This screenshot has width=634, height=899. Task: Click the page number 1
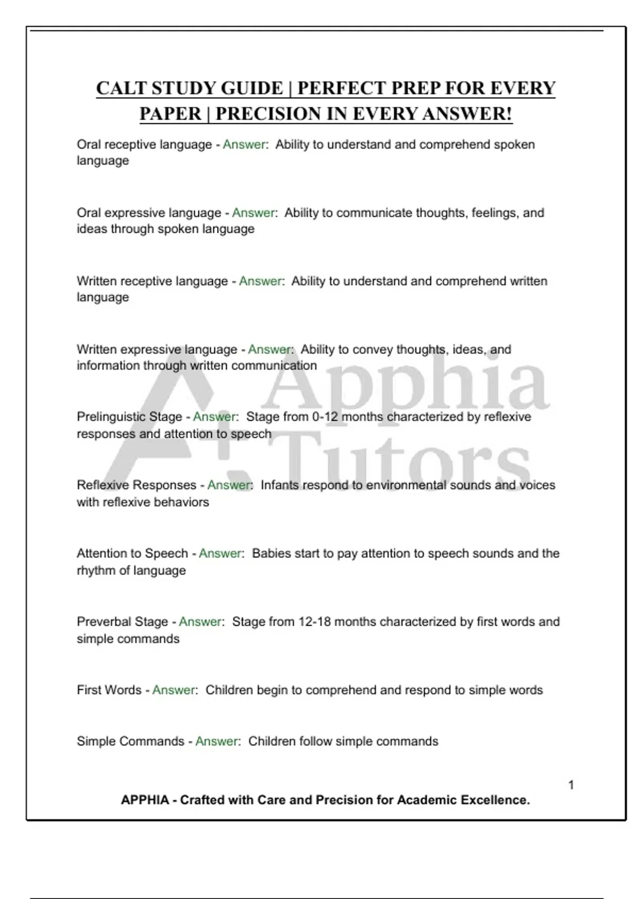(x=571, y=785)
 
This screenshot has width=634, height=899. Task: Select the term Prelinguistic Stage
(x=129, y=417)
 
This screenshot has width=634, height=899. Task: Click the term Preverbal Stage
(x=123, y=621)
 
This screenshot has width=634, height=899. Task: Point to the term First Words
(x=109, y=690)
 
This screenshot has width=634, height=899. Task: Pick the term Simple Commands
(x=130, y=741)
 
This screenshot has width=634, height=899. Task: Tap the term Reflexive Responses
(x=136, y=485)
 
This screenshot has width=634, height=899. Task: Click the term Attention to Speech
(x=132, y=553)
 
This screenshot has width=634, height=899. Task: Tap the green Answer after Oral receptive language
(x=244, y=144)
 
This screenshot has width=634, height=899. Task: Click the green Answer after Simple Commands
(x=217, y=741)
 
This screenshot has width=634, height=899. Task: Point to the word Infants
(x=280, y=485)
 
